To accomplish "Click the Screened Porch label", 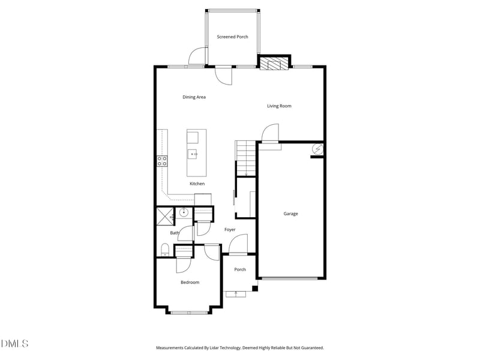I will (x=232, y=37).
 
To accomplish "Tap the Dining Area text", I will (x=194, y=97).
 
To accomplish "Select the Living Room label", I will (x=279, y=106).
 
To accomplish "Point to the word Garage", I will (x=290, y=214).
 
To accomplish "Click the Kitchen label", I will (x=197, y=184).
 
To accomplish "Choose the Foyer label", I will (x=230, y=229).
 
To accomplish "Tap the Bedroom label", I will (x=190, y=282).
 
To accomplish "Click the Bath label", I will (x=174, y=233).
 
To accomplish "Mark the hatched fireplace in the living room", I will (x=274, y=65).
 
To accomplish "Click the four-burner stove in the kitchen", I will (x=162, y=160).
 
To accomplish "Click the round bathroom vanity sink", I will (x=184, y=212).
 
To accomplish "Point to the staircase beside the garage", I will (x=245, y=158).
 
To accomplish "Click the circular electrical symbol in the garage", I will (x=318, y=149).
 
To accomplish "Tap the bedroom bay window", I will (x=189, y=312).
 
